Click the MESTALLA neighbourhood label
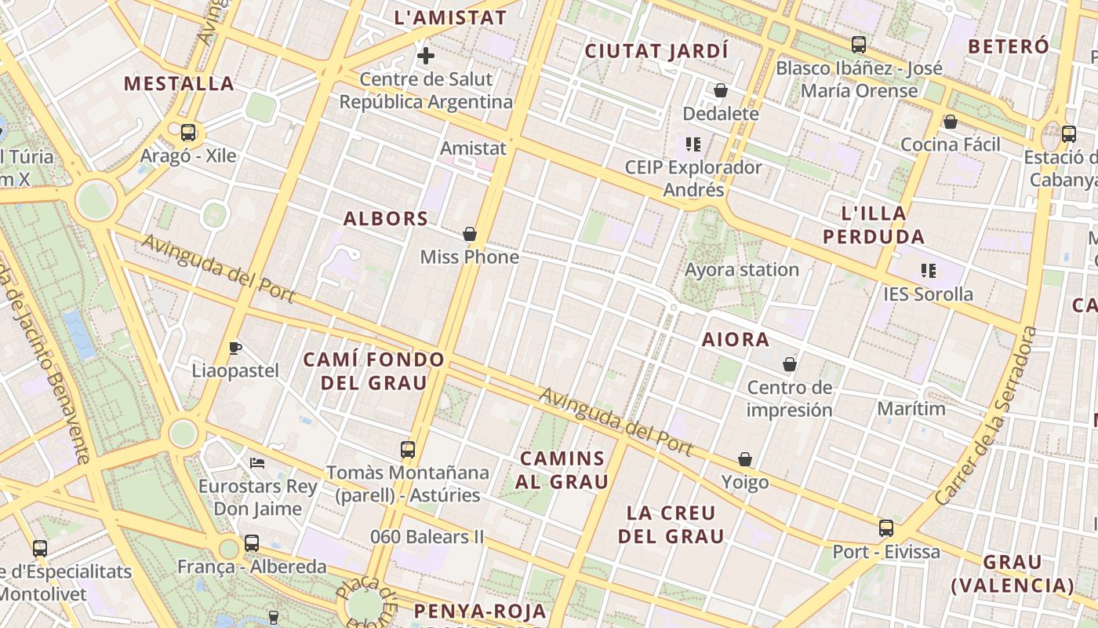(x=179, y=83)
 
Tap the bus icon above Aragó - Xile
(x=188, y=132)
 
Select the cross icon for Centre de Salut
(x=426, y=56)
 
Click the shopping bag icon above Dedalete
(x=721, y=90)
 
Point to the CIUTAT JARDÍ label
(x=657, y=52)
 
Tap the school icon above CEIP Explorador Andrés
(x=693, y=144)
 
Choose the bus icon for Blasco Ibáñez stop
(x=859, y=45)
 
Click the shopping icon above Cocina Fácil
(x=951, y=122)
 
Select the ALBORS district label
(x=387, y=219)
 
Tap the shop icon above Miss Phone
(x=470, y=234)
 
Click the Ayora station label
(x=742, y=270)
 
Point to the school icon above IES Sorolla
(x=929, y=271)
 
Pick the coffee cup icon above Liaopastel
(x=235, y=348)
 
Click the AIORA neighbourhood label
(x=736, y=340)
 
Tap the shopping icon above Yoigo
(x=745, y=459)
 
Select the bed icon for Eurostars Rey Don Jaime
(x=257, y=463)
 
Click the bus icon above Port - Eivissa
(x=886, y=528)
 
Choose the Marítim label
(x=911, y=409)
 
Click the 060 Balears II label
(x=427, y=537)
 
